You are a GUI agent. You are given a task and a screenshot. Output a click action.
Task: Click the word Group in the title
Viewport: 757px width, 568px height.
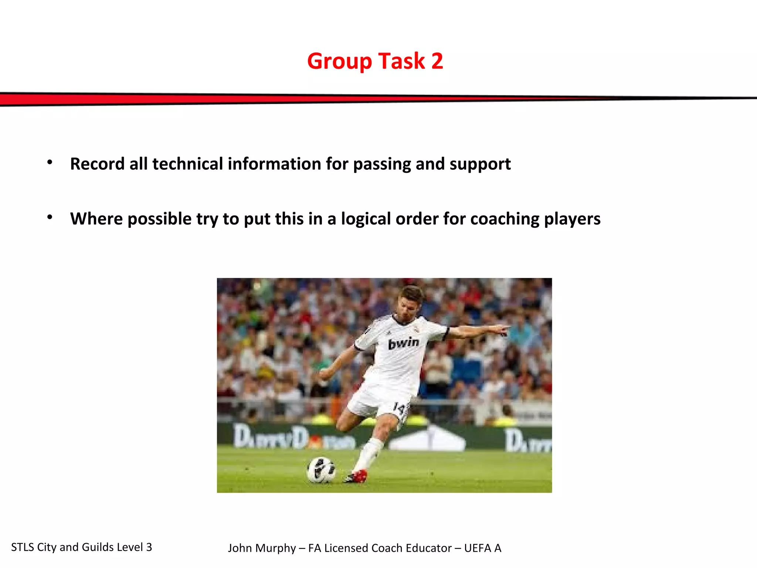click(339, 61)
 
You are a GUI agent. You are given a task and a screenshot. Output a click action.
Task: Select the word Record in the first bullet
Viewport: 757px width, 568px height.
click(97, 164)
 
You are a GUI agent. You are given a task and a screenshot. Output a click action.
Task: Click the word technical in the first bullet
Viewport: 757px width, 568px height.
click(188, 164)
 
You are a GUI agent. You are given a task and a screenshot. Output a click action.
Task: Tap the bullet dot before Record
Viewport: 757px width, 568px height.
click(50, 162)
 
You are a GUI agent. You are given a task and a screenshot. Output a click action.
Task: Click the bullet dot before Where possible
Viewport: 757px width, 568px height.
click(50, 217)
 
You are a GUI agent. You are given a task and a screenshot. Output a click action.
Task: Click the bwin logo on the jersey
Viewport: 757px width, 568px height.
click(404, 343)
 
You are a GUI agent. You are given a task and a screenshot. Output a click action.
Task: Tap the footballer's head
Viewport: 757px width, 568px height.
click(411, 301)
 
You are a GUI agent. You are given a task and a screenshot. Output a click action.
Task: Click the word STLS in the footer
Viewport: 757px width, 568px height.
click(23, 547)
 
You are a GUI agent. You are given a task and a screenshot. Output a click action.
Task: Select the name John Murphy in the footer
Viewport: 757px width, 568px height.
click(262, 548)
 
